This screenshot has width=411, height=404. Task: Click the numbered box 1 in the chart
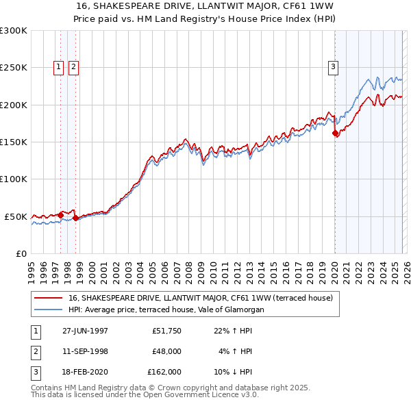pos(58,66)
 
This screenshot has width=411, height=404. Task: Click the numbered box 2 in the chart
pos(73,66)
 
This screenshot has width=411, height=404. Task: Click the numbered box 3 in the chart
pos(333,66)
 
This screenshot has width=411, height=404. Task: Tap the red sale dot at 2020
pos(336,134)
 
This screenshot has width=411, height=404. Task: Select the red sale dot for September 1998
pos(76,218)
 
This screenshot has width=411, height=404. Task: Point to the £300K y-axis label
pos(14,31)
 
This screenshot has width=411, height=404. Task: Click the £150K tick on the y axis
pos(14,142)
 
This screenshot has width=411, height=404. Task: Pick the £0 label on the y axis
pos(21,253)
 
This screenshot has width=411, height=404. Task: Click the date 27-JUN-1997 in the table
pos(85,330)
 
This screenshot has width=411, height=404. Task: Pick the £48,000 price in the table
pos(166,351)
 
